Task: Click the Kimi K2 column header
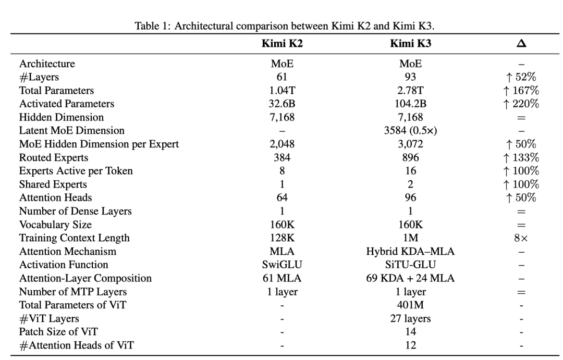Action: [282, 43]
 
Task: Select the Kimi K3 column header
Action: [410, 43]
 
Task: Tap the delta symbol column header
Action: [521, 43]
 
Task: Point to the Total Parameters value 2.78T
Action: [410, 91]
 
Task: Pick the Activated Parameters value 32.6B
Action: [282, 104]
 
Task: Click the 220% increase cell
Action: [521, 104]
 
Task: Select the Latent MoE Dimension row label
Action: [72, 130]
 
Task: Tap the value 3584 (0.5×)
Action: [410, 130]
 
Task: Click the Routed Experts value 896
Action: [410, 157]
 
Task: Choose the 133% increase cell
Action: [521, 157]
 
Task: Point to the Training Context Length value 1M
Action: [410, 238]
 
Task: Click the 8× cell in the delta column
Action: [521, 238]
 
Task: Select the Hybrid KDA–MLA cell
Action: [410, 251]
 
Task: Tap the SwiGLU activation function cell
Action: [282, 265]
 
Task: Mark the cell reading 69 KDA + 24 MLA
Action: [410, 278]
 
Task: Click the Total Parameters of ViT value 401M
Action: [410, 305]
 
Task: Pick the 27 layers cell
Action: [410, 318]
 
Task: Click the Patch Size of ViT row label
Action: [58, 332]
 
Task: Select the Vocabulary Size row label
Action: [55, 225]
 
